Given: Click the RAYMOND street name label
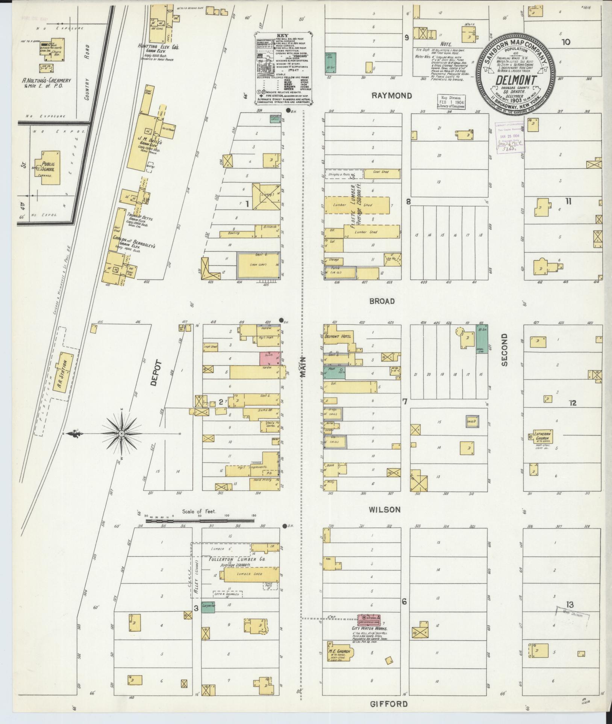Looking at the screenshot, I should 391,96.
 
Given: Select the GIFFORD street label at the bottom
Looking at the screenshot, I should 389,704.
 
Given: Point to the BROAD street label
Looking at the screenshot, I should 382,301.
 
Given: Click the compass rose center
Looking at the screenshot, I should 121,434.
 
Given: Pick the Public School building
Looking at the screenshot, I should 49,168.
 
